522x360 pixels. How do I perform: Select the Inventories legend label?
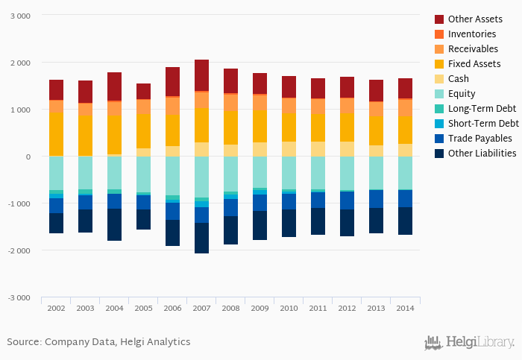pyautogui.click(x=472, y=34)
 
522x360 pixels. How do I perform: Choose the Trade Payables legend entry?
pyautogui.click(x=479, y=138)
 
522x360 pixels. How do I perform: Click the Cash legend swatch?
pyautogui.click(x=439, y=78)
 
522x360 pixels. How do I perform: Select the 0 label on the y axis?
pyautogui.click(x=28, y=157)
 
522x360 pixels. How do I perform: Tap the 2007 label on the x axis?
pyautogui.click(x=201, y=307)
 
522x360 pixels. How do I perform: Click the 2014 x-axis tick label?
pyautogui.click(x=405, y=307)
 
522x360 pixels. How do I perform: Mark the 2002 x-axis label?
pyautogui.click(x=56, y=307)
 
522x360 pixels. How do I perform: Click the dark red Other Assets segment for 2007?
pyautogui.click(x=201, y=75)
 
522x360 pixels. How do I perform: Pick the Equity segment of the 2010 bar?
pyautogui.click(x=289, y=173)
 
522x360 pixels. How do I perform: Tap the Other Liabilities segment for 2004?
pyautogui.click(x=114, y=224)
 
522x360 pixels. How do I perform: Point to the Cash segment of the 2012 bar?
pyautogui.click(x=347, y=148)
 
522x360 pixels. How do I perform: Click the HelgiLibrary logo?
pyautogui.click(x=469, y=342)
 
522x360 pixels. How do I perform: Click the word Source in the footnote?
pyautogui.click(x=22, y=341)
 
